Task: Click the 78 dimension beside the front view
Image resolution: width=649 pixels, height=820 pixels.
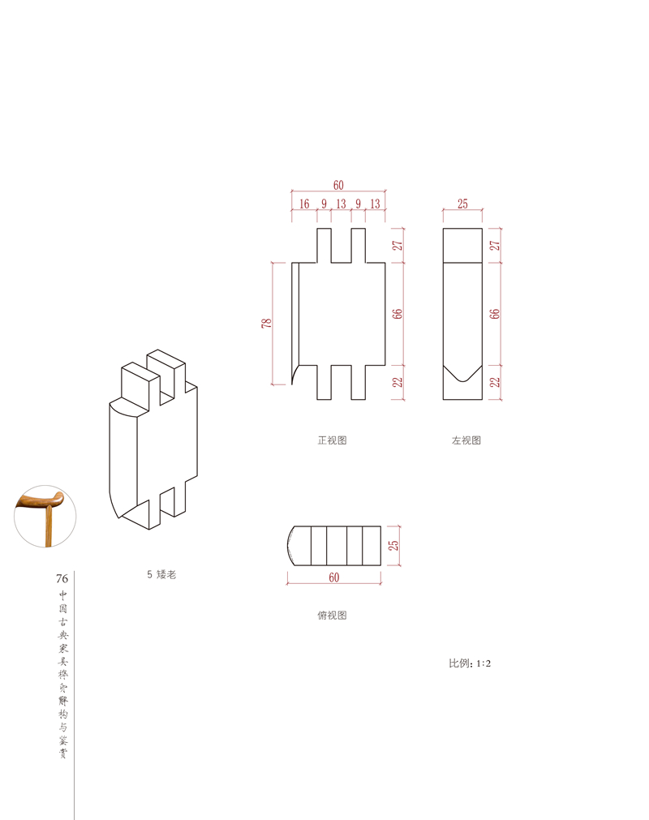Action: (267, 323)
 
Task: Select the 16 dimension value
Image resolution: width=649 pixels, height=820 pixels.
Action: (304, 204)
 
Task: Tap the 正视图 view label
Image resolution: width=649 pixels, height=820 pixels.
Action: (332, 440)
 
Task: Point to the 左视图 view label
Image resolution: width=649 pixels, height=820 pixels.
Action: (466, 440)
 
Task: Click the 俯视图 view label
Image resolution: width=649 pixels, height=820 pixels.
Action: (332, 615)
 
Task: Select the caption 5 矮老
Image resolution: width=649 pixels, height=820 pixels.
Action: (161, 574)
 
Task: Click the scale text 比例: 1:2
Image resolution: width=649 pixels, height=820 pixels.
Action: (470, 663)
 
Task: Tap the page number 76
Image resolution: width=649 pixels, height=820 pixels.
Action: (62, 578)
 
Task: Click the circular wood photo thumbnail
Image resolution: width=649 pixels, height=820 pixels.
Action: (45, 516)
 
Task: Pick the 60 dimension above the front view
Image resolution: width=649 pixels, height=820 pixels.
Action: (338, 185)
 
